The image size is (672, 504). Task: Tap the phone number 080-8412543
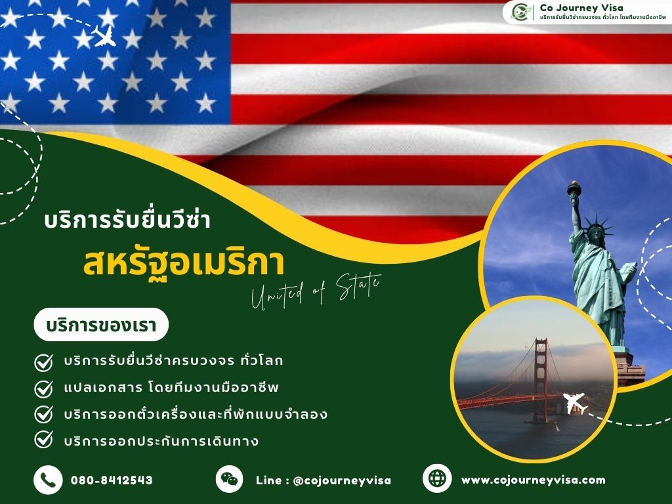click(x=112, y=480)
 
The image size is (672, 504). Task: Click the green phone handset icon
click(x=47, y=480)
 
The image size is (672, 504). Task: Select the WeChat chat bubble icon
click(x=229, y=479)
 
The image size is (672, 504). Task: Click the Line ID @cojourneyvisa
click(x=323, y=480)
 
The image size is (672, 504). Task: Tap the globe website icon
click(x=436, y=479)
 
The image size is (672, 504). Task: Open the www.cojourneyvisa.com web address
click(x=533, y=480)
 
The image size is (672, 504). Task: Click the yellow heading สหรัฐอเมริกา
click(x=184, y=263)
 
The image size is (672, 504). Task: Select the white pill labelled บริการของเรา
click(x=101, y=324)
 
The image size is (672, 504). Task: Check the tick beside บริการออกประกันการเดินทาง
click(x=43, y=440)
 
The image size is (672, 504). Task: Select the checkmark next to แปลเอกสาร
click(x=43, y=387)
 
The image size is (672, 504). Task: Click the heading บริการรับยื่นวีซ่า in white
click(x=127, y=220)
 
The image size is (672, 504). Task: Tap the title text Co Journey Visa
click(x=578, y=7)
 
